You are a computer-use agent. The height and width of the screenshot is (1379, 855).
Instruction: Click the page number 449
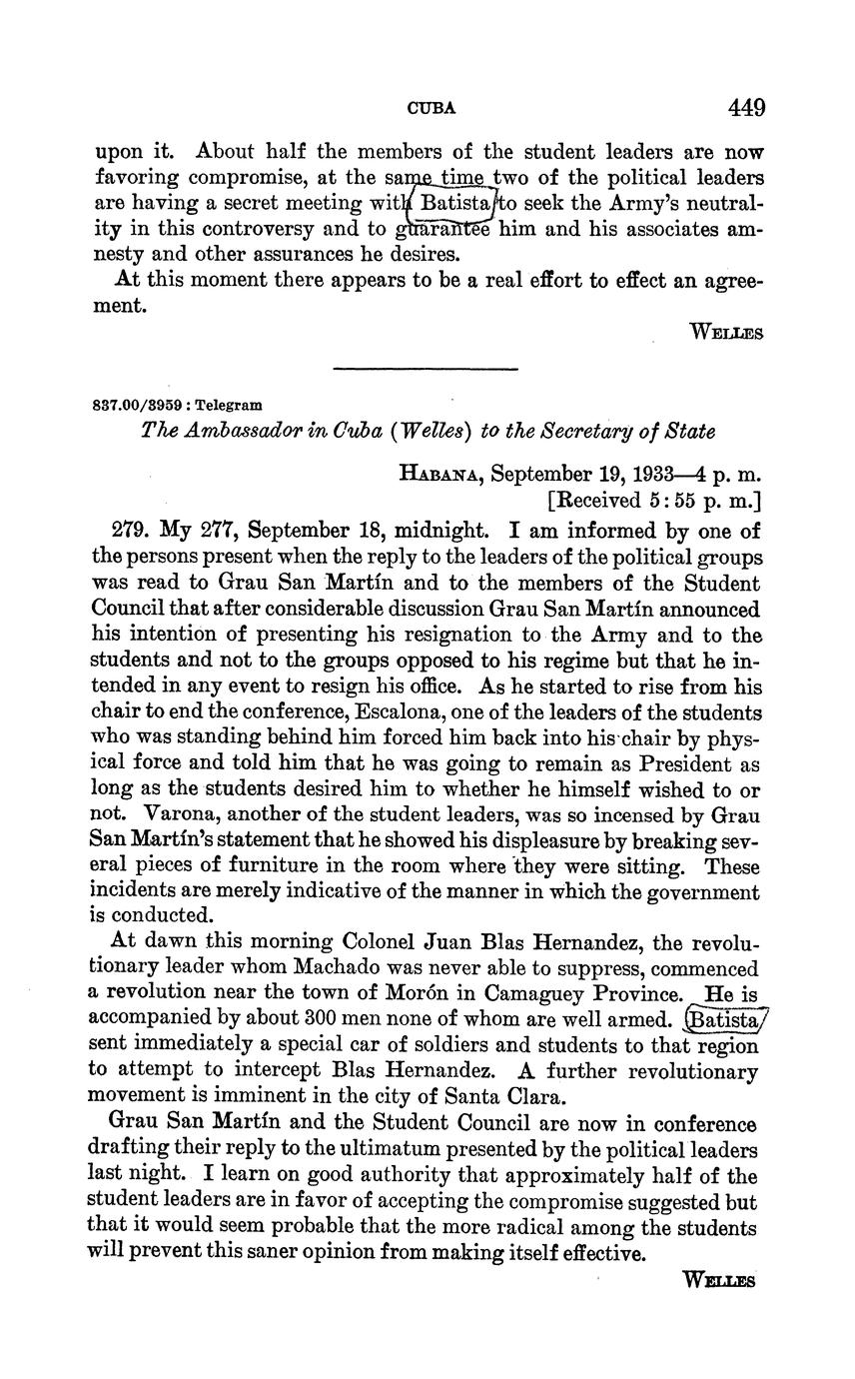click(747, 107)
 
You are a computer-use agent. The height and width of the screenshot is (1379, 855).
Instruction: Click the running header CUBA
click(431, 108)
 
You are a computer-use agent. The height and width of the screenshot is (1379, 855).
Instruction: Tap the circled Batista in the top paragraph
click(454, 204)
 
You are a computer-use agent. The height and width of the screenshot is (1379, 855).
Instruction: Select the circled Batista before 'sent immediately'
click(724, 1019)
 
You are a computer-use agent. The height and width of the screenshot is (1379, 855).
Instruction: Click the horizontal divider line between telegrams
click(426, 370)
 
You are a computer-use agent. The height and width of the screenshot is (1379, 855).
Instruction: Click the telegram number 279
click(128, 531)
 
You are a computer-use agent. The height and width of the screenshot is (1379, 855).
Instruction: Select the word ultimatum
click(396, 1150)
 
